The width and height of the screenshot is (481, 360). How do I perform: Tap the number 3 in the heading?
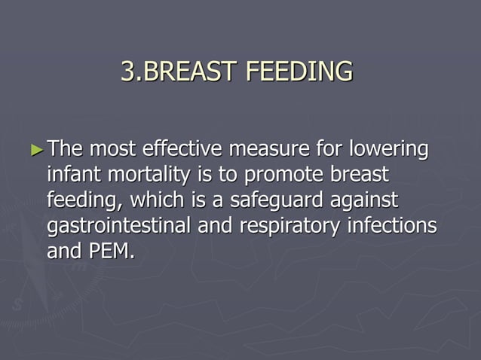[x=127, y=72]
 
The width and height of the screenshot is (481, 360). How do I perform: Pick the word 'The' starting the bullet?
[x=66, y=149]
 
